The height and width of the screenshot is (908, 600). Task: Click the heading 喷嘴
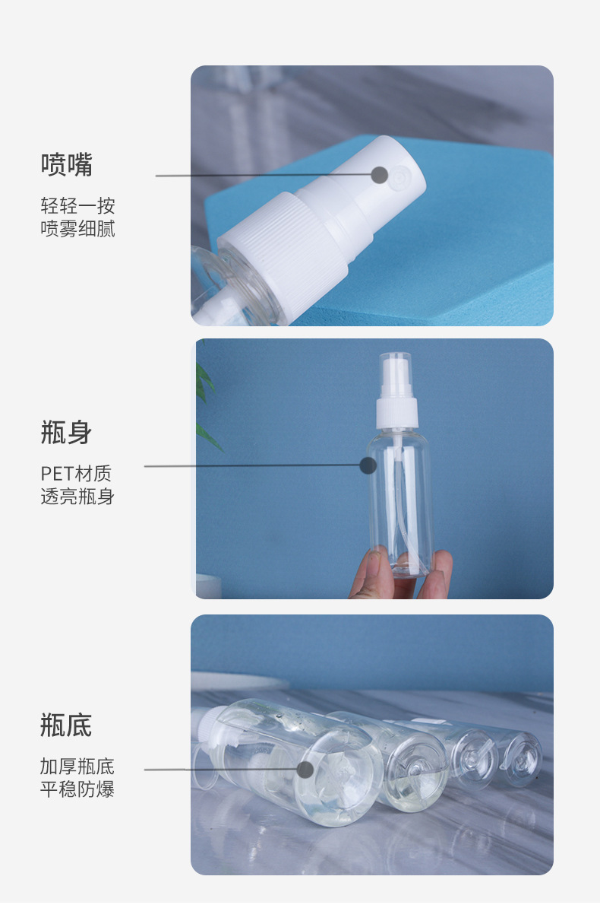coord(67,165)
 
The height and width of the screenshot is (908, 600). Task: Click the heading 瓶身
coord(67,433)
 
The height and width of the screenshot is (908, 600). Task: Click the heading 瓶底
coord(67,726)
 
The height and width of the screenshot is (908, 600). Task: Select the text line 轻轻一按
coord(77,206)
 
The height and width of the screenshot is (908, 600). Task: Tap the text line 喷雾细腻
coord(77,229)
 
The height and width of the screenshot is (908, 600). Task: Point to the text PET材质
coord(76,474)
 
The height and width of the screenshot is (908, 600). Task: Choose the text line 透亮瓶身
coord(77,497)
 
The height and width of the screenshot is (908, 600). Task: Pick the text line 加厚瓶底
coord(77,767)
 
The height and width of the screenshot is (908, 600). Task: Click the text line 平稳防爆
coord(77,789)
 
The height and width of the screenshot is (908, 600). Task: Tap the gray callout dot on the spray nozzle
coord(379,175)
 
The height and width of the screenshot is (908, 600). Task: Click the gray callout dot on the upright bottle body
coord(368,465)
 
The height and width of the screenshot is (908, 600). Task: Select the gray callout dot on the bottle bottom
coord(305,769)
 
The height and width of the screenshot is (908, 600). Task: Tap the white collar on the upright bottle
coord(397,413)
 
